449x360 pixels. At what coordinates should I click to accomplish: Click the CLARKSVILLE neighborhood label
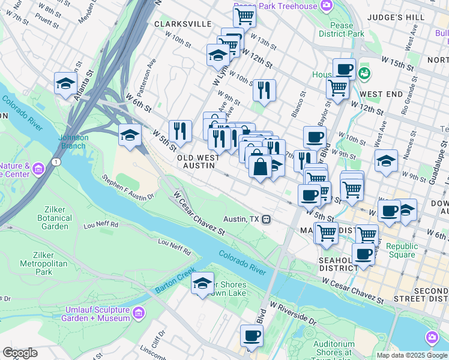[x=183, y=23]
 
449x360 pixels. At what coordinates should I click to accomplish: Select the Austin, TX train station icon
[x=266, y=220]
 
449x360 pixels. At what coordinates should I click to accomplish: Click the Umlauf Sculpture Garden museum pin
[x=138, y=313]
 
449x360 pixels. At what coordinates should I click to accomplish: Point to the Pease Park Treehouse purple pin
[x=327, y=6]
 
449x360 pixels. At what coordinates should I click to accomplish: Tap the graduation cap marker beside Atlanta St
[x=65, y=84]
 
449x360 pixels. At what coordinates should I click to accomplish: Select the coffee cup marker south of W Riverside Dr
[x=252, y=336]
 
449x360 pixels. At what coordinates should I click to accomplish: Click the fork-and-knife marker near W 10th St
[x=264, y=90]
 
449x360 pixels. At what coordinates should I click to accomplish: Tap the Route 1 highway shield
[x=56, y=162]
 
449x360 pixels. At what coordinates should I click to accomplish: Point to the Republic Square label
[x=400, y=250]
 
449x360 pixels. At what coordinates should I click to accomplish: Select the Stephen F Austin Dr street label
[x=128, y=187]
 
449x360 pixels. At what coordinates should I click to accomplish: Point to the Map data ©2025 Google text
[x=411, y=355]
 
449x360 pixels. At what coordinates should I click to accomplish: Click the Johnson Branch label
[x=73, y=141]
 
